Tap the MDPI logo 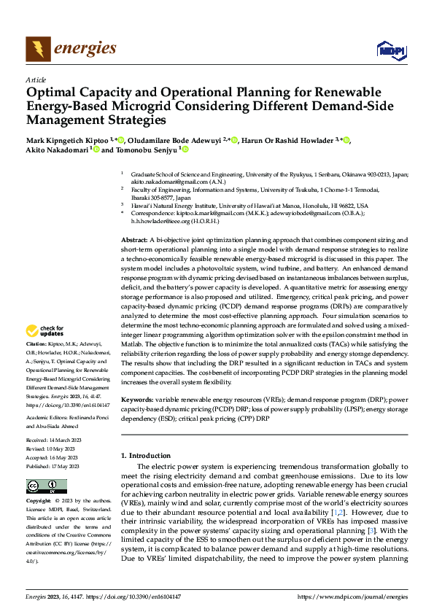(388, 50)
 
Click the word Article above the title (36, 79)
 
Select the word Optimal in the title (50, 93)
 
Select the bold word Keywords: (136, 400)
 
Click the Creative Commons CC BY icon (42, 486)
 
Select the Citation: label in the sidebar (37, 342)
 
